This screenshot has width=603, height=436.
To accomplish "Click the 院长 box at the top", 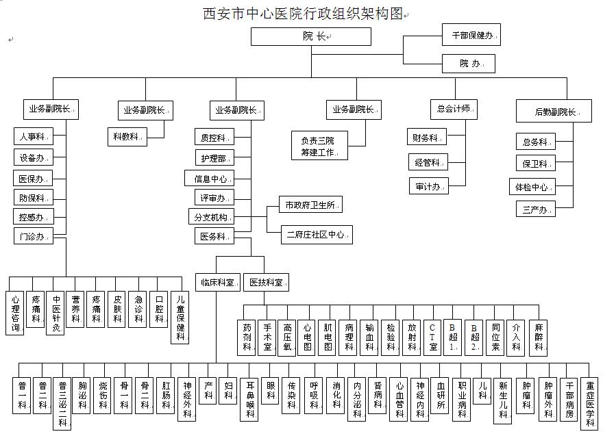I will click(311, 37).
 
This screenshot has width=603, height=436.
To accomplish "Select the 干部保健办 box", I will click(471, 34).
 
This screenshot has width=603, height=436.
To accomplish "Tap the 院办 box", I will click(468, 64).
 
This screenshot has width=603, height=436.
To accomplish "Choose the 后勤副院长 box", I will click(554, 111).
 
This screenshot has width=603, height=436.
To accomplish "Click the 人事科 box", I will click(32, 136).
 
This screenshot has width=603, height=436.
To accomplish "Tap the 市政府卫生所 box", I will click(310, 205).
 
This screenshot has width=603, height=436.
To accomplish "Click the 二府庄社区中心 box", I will click(316, 235).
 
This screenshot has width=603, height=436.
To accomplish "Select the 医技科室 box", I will click(266, 282).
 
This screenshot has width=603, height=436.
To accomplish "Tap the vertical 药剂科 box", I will click(247, 337).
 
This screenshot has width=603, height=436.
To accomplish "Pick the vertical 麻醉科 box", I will click(539, 337).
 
